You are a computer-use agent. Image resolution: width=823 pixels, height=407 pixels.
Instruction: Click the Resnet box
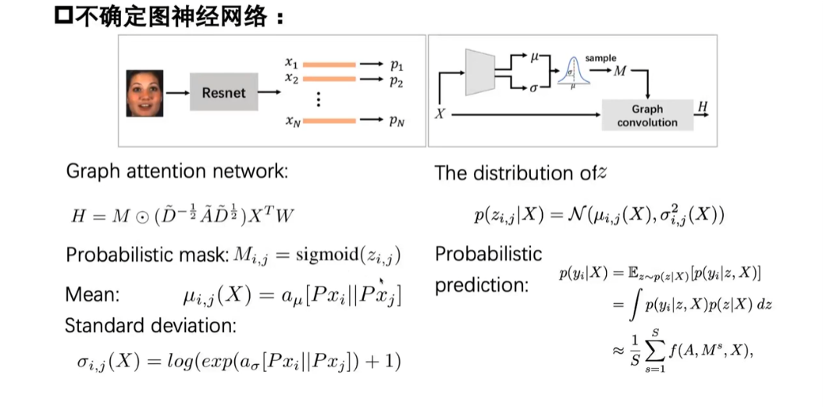(x=224, y=93)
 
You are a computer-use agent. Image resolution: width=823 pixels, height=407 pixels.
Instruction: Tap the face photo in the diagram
(x=145, y=93)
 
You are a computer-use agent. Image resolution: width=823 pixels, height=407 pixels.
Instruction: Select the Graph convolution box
(x=647, y=116)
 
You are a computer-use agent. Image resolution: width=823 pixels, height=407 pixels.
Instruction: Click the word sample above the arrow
(x=600, y=59)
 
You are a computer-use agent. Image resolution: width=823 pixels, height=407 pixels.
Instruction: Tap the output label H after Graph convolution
(x=702, y=106)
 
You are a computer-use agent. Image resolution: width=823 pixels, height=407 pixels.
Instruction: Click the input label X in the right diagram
(x=440, y=113)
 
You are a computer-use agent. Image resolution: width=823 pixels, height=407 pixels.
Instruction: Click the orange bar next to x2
(x=329, y=80)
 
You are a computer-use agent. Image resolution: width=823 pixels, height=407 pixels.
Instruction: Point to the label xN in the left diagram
(x=293, y=121)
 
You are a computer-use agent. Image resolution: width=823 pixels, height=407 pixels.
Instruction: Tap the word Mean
(x=92, y=295)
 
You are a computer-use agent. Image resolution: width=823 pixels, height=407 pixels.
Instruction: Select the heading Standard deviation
(x=151, y=326)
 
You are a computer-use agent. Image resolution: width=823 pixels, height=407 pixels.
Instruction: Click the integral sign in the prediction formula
(x=632, y=305)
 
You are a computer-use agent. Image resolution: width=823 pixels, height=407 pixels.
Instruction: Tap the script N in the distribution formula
(x=579, y=216)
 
